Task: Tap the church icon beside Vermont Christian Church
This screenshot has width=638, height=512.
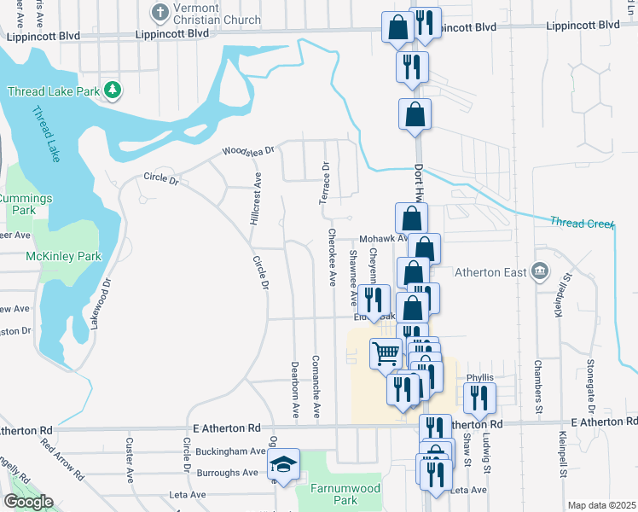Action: [x=159, y=12]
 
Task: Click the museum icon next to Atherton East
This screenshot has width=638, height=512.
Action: [x=539, y=272]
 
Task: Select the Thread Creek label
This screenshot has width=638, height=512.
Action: [x=582, y=224]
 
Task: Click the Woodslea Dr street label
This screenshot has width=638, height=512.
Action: [x=248, y=150]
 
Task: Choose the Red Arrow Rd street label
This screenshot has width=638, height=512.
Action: [x=61, y=458]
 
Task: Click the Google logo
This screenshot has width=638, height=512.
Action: [x=28, y=502]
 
